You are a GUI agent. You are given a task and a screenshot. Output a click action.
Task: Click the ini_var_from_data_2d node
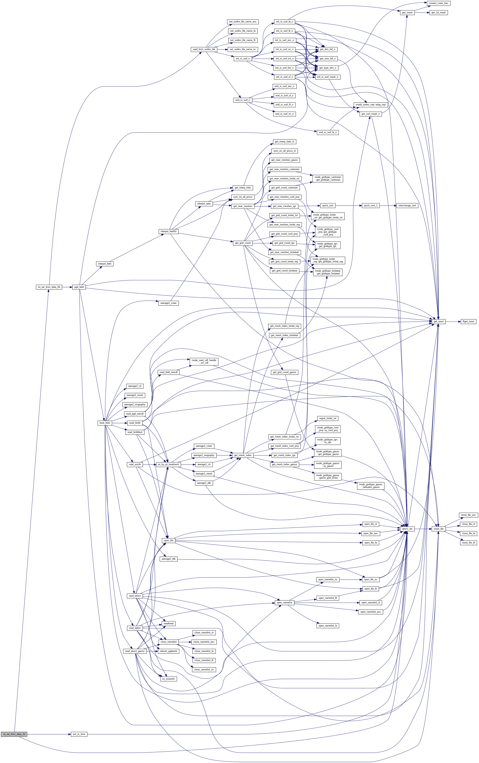click(14, 734)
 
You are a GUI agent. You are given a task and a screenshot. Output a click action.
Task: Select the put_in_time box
click(79, 734)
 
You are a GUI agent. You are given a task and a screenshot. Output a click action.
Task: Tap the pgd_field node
click(79, 287)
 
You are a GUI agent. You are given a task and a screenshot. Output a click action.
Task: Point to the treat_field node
click(104, 423)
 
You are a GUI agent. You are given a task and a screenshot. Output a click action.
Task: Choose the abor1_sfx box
click(407, 529)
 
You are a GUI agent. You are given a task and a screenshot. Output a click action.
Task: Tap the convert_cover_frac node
click(438, 3)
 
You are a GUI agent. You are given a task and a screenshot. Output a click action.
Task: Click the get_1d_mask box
click(438, 13)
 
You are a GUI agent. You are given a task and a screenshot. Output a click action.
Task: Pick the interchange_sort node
click(407, 206)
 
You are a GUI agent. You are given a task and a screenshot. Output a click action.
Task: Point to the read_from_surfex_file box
click(204, 50)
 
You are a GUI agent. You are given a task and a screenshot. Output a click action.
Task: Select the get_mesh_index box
click(243, 455)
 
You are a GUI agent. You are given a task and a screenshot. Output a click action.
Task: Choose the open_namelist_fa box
click(328, 626)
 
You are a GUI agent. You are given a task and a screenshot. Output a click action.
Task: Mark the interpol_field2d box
click(169, 232)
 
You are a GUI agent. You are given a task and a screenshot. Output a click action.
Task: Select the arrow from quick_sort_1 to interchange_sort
click(388, 206)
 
